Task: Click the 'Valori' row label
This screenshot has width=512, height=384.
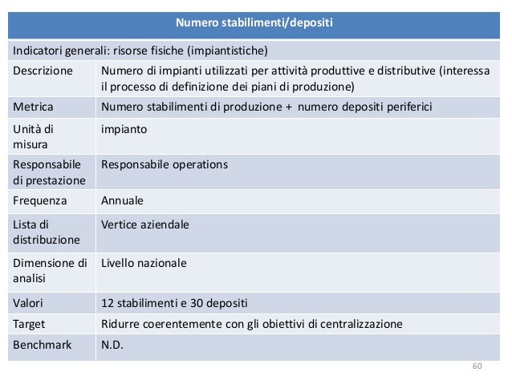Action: pyautogui.click(x=28, y=304)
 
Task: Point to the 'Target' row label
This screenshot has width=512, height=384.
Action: pyautogui.click(x=29, y=325)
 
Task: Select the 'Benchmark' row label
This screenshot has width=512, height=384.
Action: pyautogui.click(x=41, y=346)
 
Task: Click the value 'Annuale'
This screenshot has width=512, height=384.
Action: pyautogui.click(x=123, y=202)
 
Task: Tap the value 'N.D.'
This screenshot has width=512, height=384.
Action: pyautogui.click(x=113, y=346)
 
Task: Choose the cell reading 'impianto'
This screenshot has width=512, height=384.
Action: pyautogui.click(x=124, y=127)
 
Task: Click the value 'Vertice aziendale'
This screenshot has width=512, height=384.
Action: pyautogui.click(x=145, y=224)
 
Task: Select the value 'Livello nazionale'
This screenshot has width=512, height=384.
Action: pyautogui.click(x=144, y=262)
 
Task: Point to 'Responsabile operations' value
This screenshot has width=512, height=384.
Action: pyautogui.click(x=164, y=164)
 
